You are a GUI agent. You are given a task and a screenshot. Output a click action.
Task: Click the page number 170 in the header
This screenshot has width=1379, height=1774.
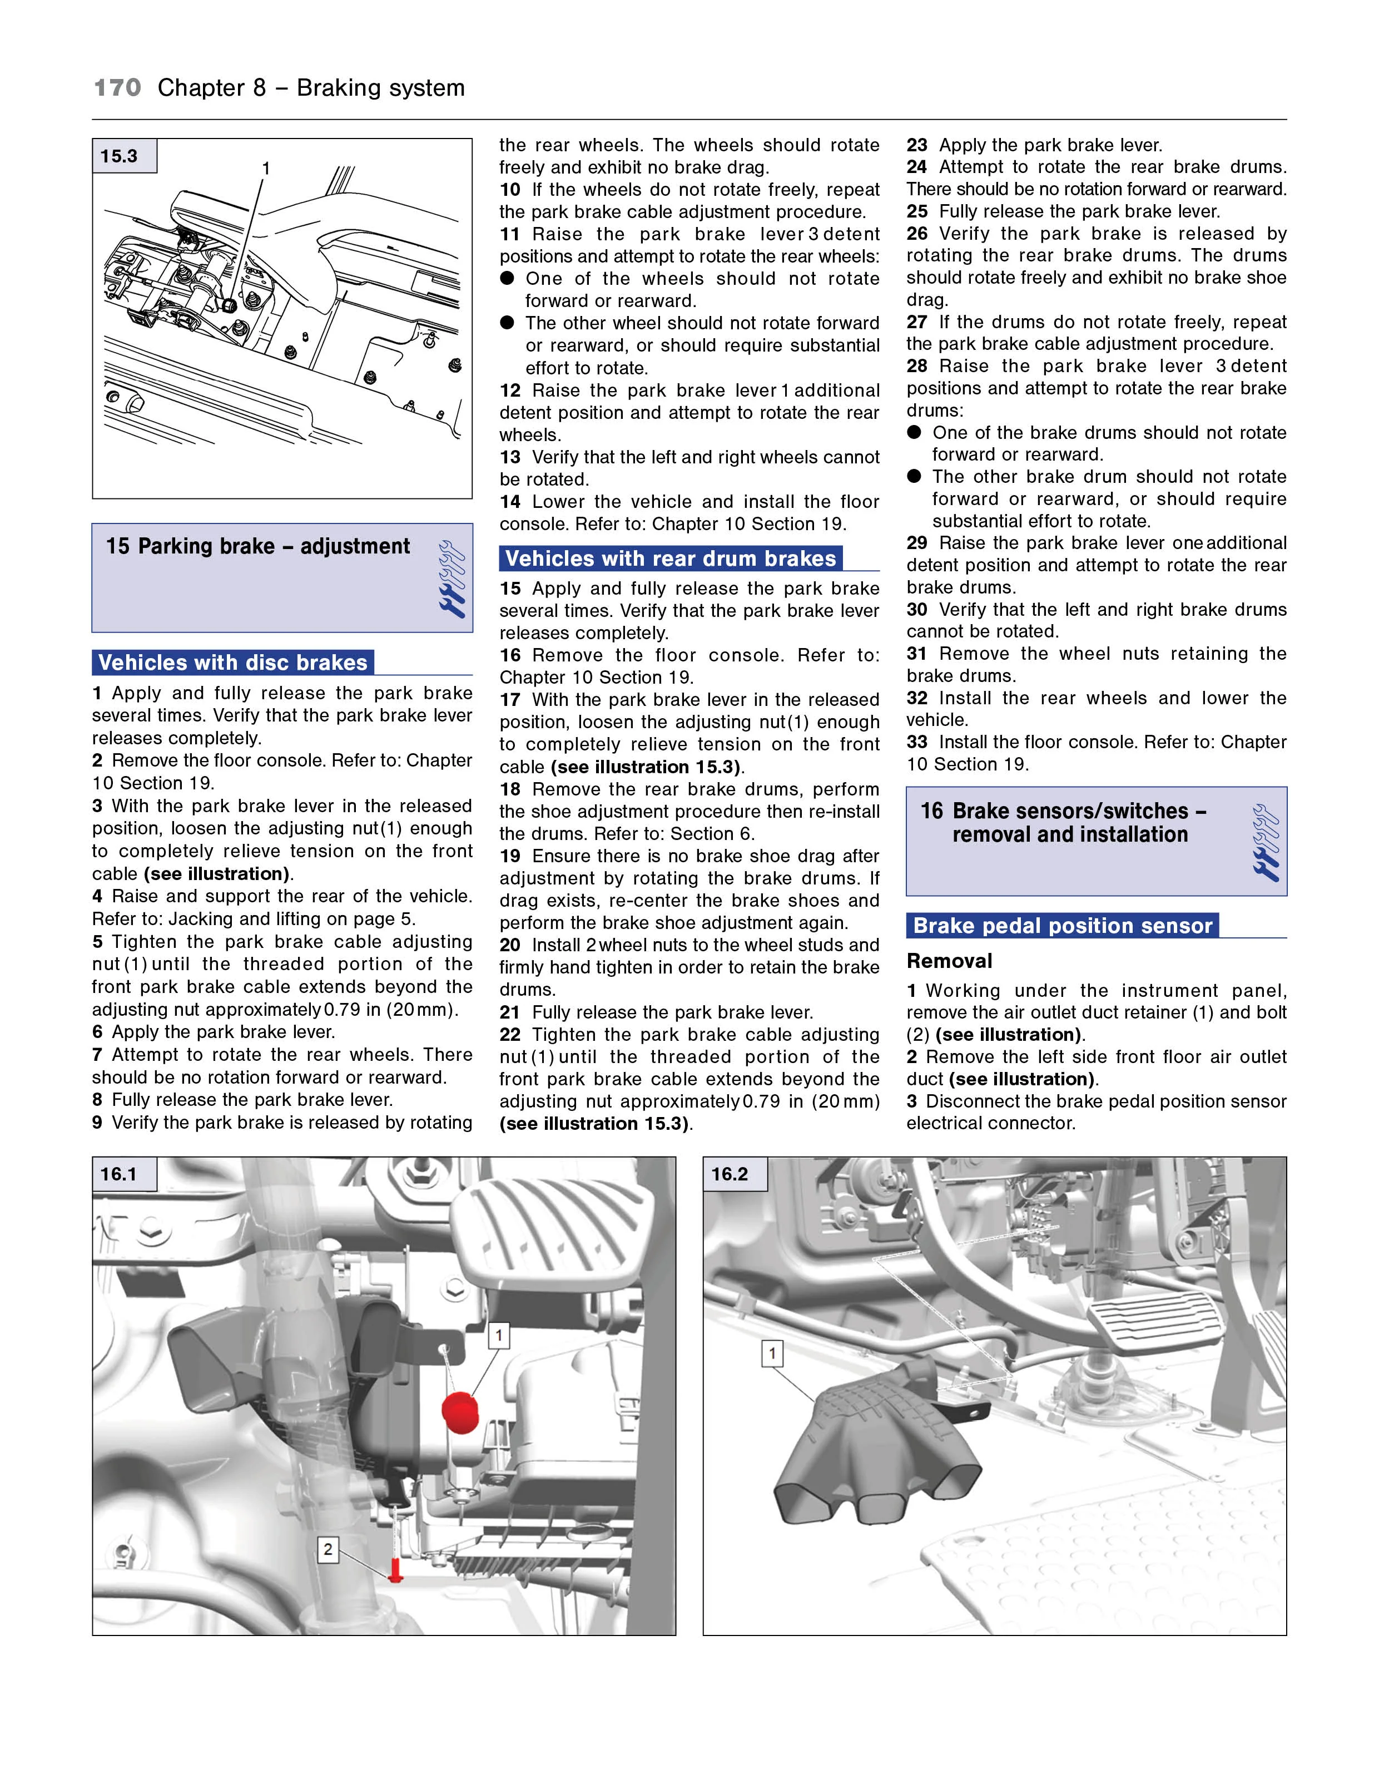click(x=118, y=88)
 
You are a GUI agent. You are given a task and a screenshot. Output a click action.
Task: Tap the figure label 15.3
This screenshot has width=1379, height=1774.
click(x=120, y=156)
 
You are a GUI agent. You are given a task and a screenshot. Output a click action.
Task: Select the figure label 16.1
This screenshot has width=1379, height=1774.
click(x=120, y=1174)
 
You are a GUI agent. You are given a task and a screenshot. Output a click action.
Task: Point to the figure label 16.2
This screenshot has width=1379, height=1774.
click(x=730, y=1174)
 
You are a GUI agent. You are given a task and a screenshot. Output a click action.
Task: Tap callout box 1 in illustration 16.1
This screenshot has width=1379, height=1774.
click(x=499, y=1335)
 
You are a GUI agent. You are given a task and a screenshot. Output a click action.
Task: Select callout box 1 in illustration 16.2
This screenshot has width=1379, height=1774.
click(x=772, y=1354)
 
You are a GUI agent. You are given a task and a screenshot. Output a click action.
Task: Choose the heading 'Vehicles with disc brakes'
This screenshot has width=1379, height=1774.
click(x=233, y=663)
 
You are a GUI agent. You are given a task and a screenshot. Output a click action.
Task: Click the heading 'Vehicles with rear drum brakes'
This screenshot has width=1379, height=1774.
click(x=670, y=559)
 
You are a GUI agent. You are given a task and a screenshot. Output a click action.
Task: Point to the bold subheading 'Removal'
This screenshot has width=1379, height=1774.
click(x=949, y=961)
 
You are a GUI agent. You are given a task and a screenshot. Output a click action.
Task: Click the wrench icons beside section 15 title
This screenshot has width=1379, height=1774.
click(x=451, y=579)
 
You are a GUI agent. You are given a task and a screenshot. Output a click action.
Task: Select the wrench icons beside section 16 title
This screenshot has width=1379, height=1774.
click(x=1266, y=842)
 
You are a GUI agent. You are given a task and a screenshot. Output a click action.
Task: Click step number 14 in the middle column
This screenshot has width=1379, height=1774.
click(x=510, y=502)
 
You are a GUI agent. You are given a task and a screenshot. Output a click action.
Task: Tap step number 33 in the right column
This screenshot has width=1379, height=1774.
click(x=917, y=743)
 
